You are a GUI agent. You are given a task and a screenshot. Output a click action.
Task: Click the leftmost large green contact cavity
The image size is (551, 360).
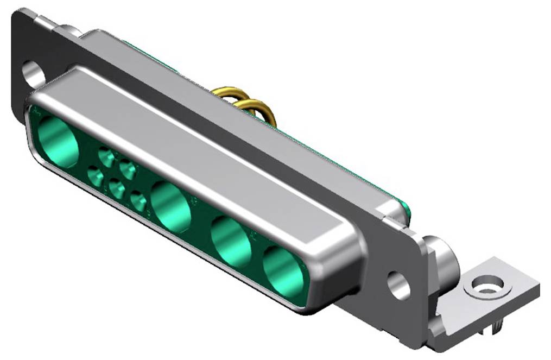[58, 141]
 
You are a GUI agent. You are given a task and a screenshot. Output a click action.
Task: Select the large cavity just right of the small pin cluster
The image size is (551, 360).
[171, 207]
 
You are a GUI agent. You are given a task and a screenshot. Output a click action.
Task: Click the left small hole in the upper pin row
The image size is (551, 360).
[106, 158]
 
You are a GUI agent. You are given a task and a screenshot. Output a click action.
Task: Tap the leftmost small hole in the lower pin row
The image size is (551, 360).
[95, 176]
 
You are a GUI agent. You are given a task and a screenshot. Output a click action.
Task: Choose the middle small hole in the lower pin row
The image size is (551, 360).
[116, 190]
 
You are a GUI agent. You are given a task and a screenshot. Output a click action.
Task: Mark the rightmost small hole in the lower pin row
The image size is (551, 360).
[138, 203]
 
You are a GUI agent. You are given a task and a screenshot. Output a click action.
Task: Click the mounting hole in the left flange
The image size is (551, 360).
[33, 75]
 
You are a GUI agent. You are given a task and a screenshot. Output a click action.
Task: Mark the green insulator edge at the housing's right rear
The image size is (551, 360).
[404, 210]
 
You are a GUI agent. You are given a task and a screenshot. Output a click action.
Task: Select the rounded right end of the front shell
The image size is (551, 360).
[347, 261]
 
